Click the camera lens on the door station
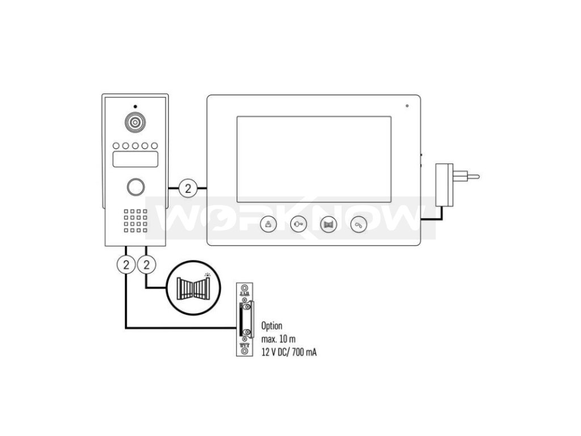[135, 123]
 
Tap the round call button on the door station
[135, 187]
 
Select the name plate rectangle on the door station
[135, 160]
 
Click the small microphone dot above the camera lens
[135, 107]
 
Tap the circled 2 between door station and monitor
[188, 187]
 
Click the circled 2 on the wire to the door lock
[125, 263]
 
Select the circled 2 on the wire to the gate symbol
[147, 263]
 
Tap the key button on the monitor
[299, 225]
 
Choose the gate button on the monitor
[329, 225]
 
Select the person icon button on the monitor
[269, 225]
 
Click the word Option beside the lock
[272, 326]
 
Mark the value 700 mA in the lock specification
[304, 353]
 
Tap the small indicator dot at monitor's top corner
[407, 106]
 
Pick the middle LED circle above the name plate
[135, 145]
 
